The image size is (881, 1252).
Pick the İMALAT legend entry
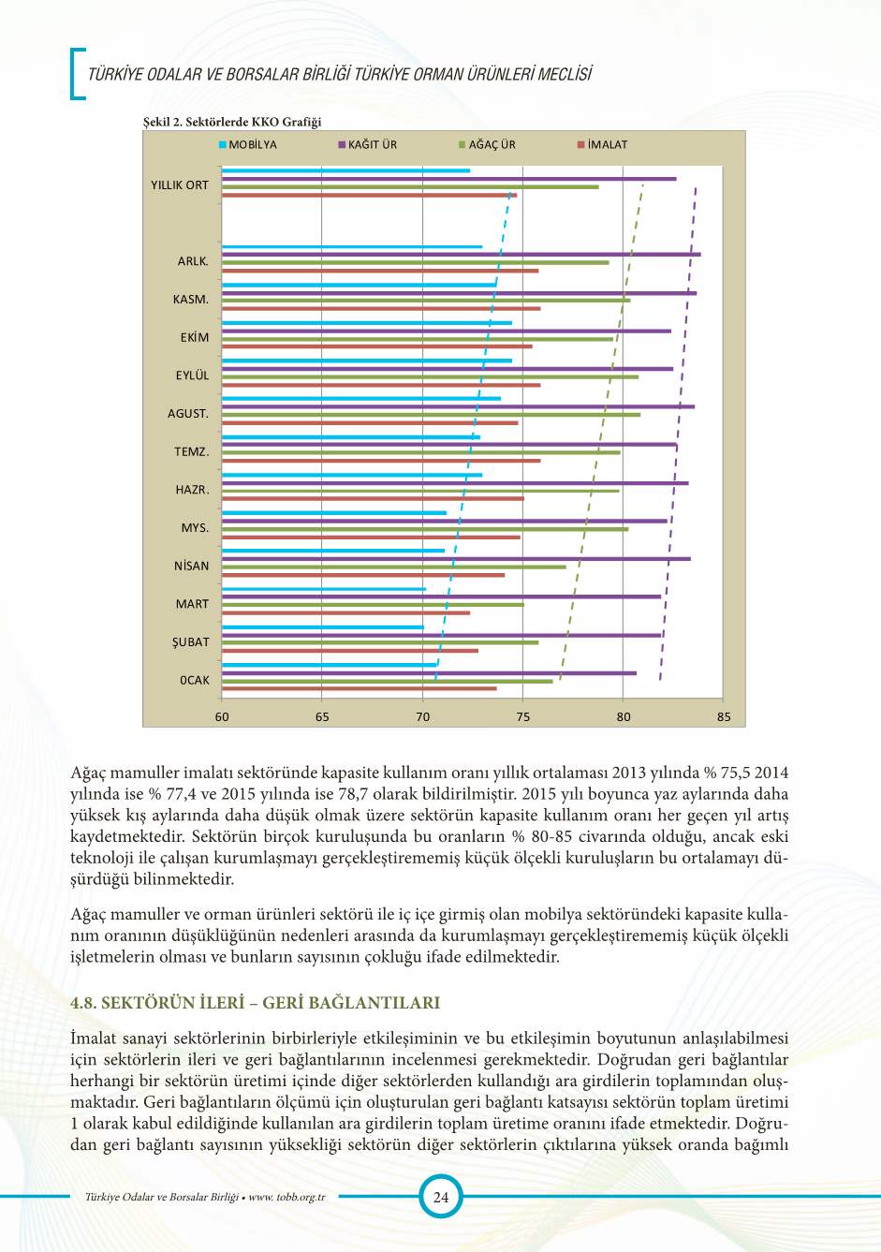pos(603,145)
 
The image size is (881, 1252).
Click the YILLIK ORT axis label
pos(180,185)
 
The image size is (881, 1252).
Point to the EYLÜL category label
pos(192,376)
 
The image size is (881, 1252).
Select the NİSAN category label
pos(191,566)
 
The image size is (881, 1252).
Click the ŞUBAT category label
pos(190,642)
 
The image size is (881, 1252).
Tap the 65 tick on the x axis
pos(322,717)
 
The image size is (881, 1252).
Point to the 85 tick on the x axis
pos(724,717)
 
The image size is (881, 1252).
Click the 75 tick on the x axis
pos(523,717)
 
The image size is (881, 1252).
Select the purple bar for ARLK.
pos(461,255)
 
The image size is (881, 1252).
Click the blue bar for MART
pos(324,589)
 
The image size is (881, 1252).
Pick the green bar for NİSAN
pos(393,567)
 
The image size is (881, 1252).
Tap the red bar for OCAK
pos(360,688)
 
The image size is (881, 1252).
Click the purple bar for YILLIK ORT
pos(448,179)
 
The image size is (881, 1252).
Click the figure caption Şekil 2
pos(232,122)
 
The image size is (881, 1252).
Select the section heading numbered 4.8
pos(255,1003)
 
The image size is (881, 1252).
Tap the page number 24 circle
pos(440,1197)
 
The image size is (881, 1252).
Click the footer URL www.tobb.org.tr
pos(286,1197)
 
